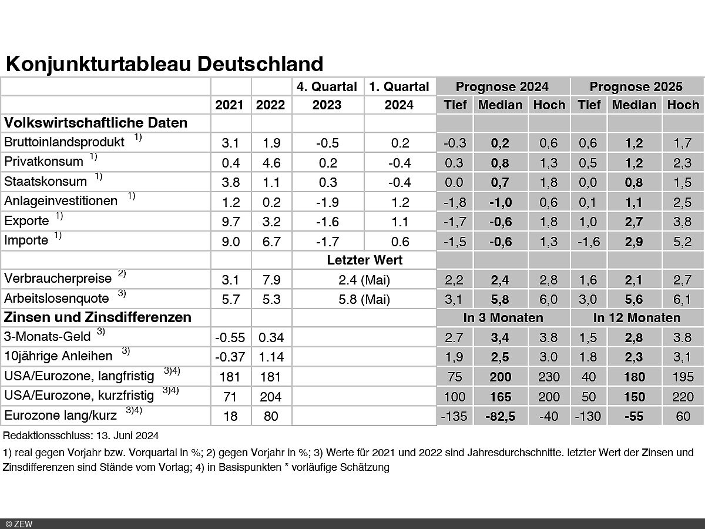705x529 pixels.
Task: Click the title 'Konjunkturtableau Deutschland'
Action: [x=164, y=63]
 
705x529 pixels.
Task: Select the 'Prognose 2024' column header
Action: [x=502, y=86]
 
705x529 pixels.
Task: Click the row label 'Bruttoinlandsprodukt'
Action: [x=64, y=142]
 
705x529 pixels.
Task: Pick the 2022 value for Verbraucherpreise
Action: [x=271, y=279]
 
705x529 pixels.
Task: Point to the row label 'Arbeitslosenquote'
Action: [x=56, y=299]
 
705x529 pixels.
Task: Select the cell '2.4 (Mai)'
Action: [x=364, y=279]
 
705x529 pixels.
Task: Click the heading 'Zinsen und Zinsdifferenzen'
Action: [x=98, y=317]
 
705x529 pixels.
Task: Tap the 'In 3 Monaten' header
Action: [x=502, y=318]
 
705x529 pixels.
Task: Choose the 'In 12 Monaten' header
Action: [x=636, y=318]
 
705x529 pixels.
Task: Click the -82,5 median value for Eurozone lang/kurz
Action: [x=500, y=416]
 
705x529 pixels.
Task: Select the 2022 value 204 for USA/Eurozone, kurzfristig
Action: [x=271, y=396]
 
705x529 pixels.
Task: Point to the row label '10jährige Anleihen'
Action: [x=59, y=357]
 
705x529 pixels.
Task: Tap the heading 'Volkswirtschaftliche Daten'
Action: [x=96, y=123]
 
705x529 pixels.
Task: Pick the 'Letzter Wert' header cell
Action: [x=364, y=260]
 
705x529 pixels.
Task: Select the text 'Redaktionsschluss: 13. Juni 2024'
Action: [x=80, y=436]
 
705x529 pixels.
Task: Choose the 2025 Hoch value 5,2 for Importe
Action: [x=682, y=241]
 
